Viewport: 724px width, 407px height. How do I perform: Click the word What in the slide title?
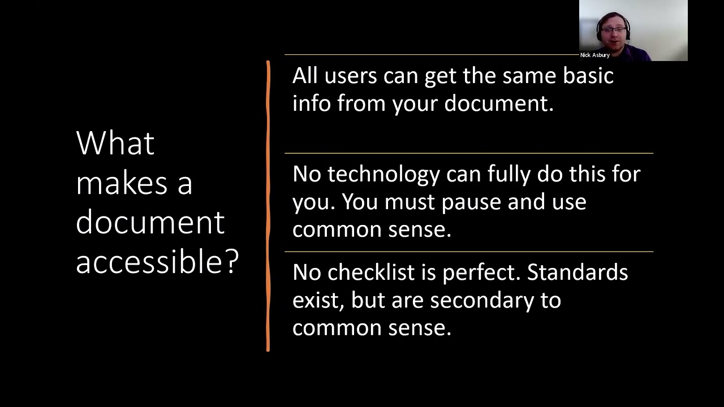(115, 143)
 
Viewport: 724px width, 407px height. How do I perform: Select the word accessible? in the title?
(157, 261)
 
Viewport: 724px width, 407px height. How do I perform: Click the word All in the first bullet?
(305, 76)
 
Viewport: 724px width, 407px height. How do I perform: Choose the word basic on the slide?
(588, 76)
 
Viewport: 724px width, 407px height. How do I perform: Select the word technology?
(383, 174)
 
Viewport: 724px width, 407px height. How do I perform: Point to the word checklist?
(371, 272)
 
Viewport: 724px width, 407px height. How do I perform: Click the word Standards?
(578, 272)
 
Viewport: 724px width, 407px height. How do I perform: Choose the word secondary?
(481, 300)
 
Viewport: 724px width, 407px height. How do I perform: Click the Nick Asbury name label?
(594, 55)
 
